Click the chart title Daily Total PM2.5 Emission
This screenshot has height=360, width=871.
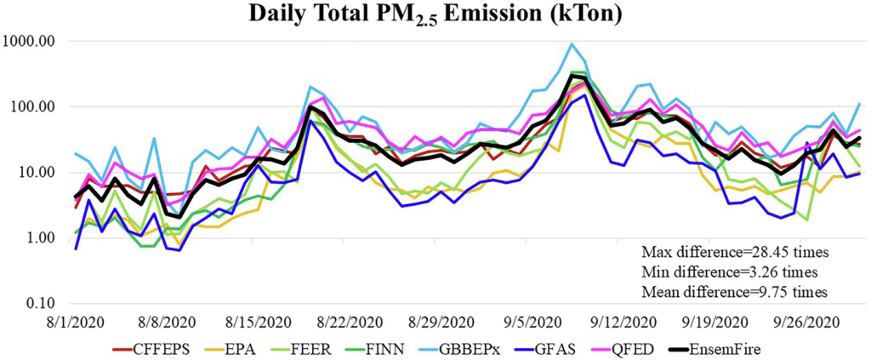(x=435, y=15)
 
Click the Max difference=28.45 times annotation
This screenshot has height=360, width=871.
(x=735, y=253)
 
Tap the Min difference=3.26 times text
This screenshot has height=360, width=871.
(x=729, y=272)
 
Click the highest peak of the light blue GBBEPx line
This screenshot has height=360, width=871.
(x=571, y=44)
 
